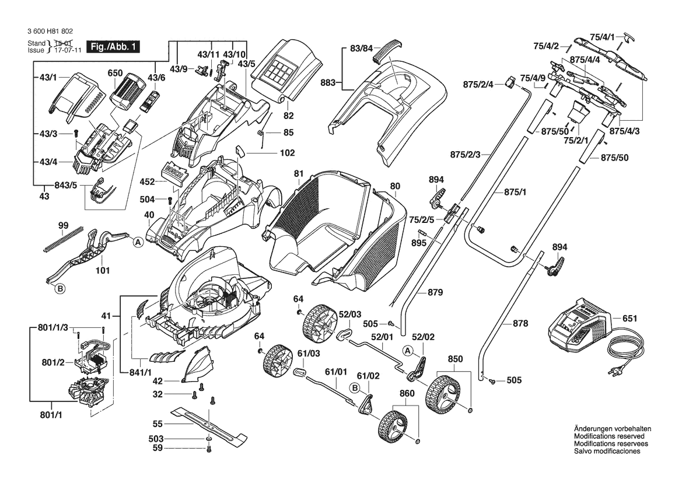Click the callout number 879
click(x=435, y=292)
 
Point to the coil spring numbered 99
click(x=64, y=240)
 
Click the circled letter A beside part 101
click(x=138, y=242)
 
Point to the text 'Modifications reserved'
click(x=609, y=436)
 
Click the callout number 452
click(x=148, y=182)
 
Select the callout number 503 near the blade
click(x=157, y=438)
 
